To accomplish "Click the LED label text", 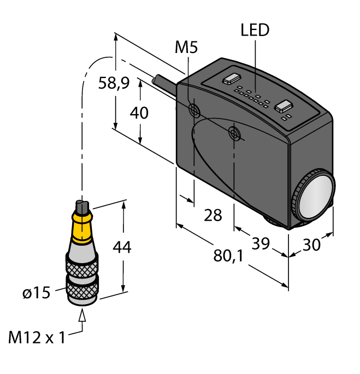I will tap(255, 30).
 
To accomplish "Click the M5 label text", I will tap(186, 48).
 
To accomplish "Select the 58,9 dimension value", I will tap(114, 83).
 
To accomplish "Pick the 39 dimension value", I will tap(261, 243).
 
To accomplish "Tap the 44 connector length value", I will tap(121, 247).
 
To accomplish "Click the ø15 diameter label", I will tap(36, 293).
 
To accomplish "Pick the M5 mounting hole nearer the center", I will tap(234, 133).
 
